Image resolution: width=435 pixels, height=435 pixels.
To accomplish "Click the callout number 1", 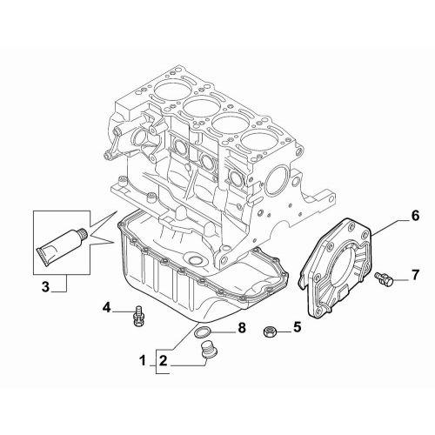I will pos(144,358).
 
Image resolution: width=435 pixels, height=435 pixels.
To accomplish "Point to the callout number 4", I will pos(107,307).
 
